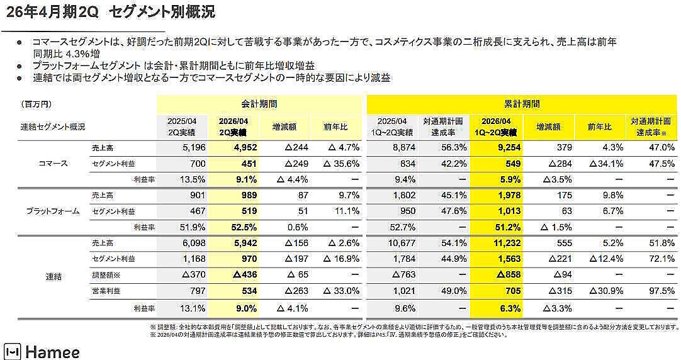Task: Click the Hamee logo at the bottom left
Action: pos(42,351)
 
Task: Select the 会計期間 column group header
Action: pos(259,104)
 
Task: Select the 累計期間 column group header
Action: pos(522,104)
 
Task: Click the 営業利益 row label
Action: pos(104,291)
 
